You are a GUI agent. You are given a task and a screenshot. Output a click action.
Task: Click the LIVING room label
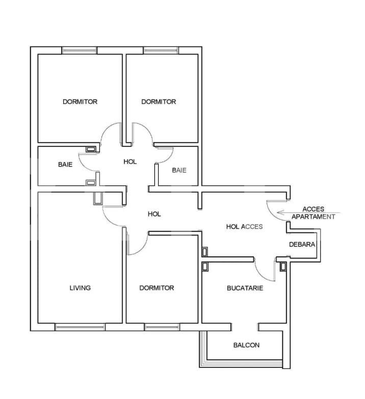(x=80, y=288)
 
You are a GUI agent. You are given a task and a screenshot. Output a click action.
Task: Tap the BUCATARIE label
(x=245, y=288)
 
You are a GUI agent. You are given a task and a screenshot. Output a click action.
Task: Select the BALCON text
(x=246, y=345)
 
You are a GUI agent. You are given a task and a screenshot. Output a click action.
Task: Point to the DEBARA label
(x=302, y=245)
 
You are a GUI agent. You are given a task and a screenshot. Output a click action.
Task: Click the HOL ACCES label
(x=244, y=226)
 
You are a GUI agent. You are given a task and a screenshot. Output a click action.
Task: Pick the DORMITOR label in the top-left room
(x=80, y=101)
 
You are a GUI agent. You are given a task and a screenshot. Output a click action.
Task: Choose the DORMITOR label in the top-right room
(x=159, y=101)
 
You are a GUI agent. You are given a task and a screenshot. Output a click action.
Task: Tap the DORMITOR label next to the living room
(x=157, y=288)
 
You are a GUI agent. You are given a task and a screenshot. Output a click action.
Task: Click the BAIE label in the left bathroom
(x=65, y=165)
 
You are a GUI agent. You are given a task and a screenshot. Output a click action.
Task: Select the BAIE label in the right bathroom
(x=179, y=170)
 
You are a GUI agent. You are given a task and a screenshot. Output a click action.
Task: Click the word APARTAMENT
(x=314, y=216)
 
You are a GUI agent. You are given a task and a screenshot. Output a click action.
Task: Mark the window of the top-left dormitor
(x=79, y=50)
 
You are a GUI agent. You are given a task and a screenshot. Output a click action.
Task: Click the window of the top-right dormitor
(x=161, y=50)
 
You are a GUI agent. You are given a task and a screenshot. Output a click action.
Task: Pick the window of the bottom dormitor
(x=162, y=327)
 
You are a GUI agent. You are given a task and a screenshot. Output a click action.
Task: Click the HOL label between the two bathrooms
(x=130, y=162)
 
